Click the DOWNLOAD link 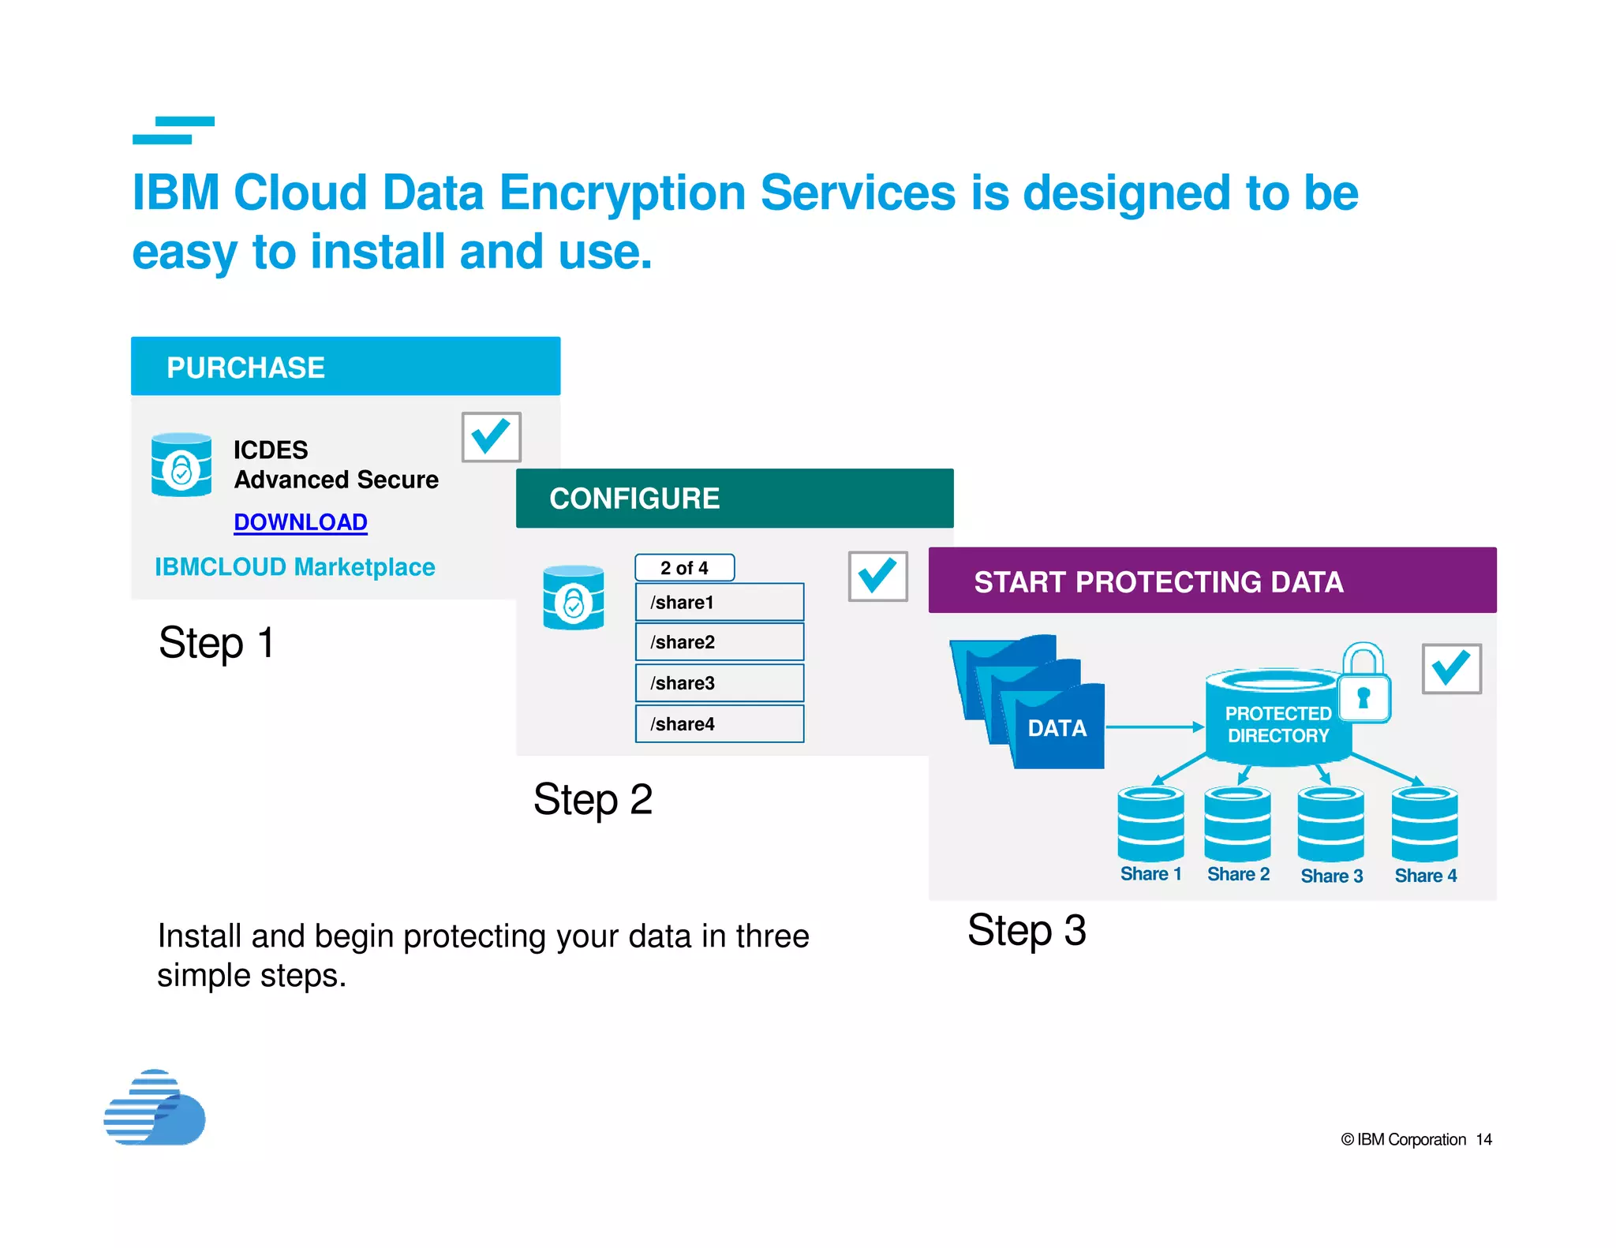[301, 522]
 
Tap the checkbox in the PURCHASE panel [491, 437]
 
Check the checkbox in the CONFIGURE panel [877, 577]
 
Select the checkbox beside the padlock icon [1451, 669]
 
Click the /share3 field [720, 683]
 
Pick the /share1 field [720, 603]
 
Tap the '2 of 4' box [684, 568]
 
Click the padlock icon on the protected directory [1364, 684]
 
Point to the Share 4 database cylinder [1424, 824]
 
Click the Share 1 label [1150, 874]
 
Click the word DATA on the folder [1057, 728]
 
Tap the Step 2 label [593, 799]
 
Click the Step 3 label [1027, 930]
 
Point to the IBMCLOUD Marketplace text [294, 567]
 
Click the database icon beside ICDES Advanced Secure [181, 465]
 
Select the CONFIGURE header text [634, 499]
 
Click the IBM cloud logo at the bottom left [155, 1108]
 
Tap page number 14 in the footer [1483, 1140]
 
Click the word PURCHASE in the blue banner [245, 368]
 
